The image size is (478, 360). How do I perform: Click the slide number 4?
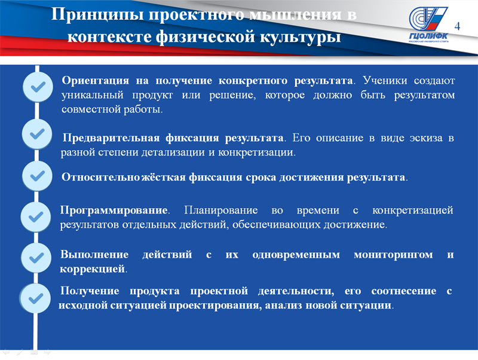pos(457,26)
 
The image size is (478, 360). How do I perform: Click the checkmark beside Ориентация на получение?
pos(38,87)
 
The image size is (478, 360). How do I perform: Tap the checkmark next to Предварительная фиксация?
pos(37,134)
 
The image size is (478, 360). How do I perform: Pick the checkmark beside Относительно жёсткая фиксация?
pos(38,176)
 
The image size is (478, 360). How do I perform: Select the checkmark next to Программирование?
pos(36,217)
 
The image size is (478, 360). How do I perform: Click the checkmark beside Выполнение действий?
pos(36,258)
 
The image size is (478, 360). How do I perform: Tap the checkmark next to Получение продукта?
pos(36,298)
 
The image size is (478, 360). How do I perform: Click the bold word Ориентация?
pos(96,81)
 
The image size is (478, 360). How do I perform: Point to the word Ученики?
pos(385,81)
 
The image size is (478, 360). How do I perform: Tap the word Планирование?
pos(221,210)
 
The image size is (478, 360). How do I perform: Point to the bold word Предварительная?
pos(111,138)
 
